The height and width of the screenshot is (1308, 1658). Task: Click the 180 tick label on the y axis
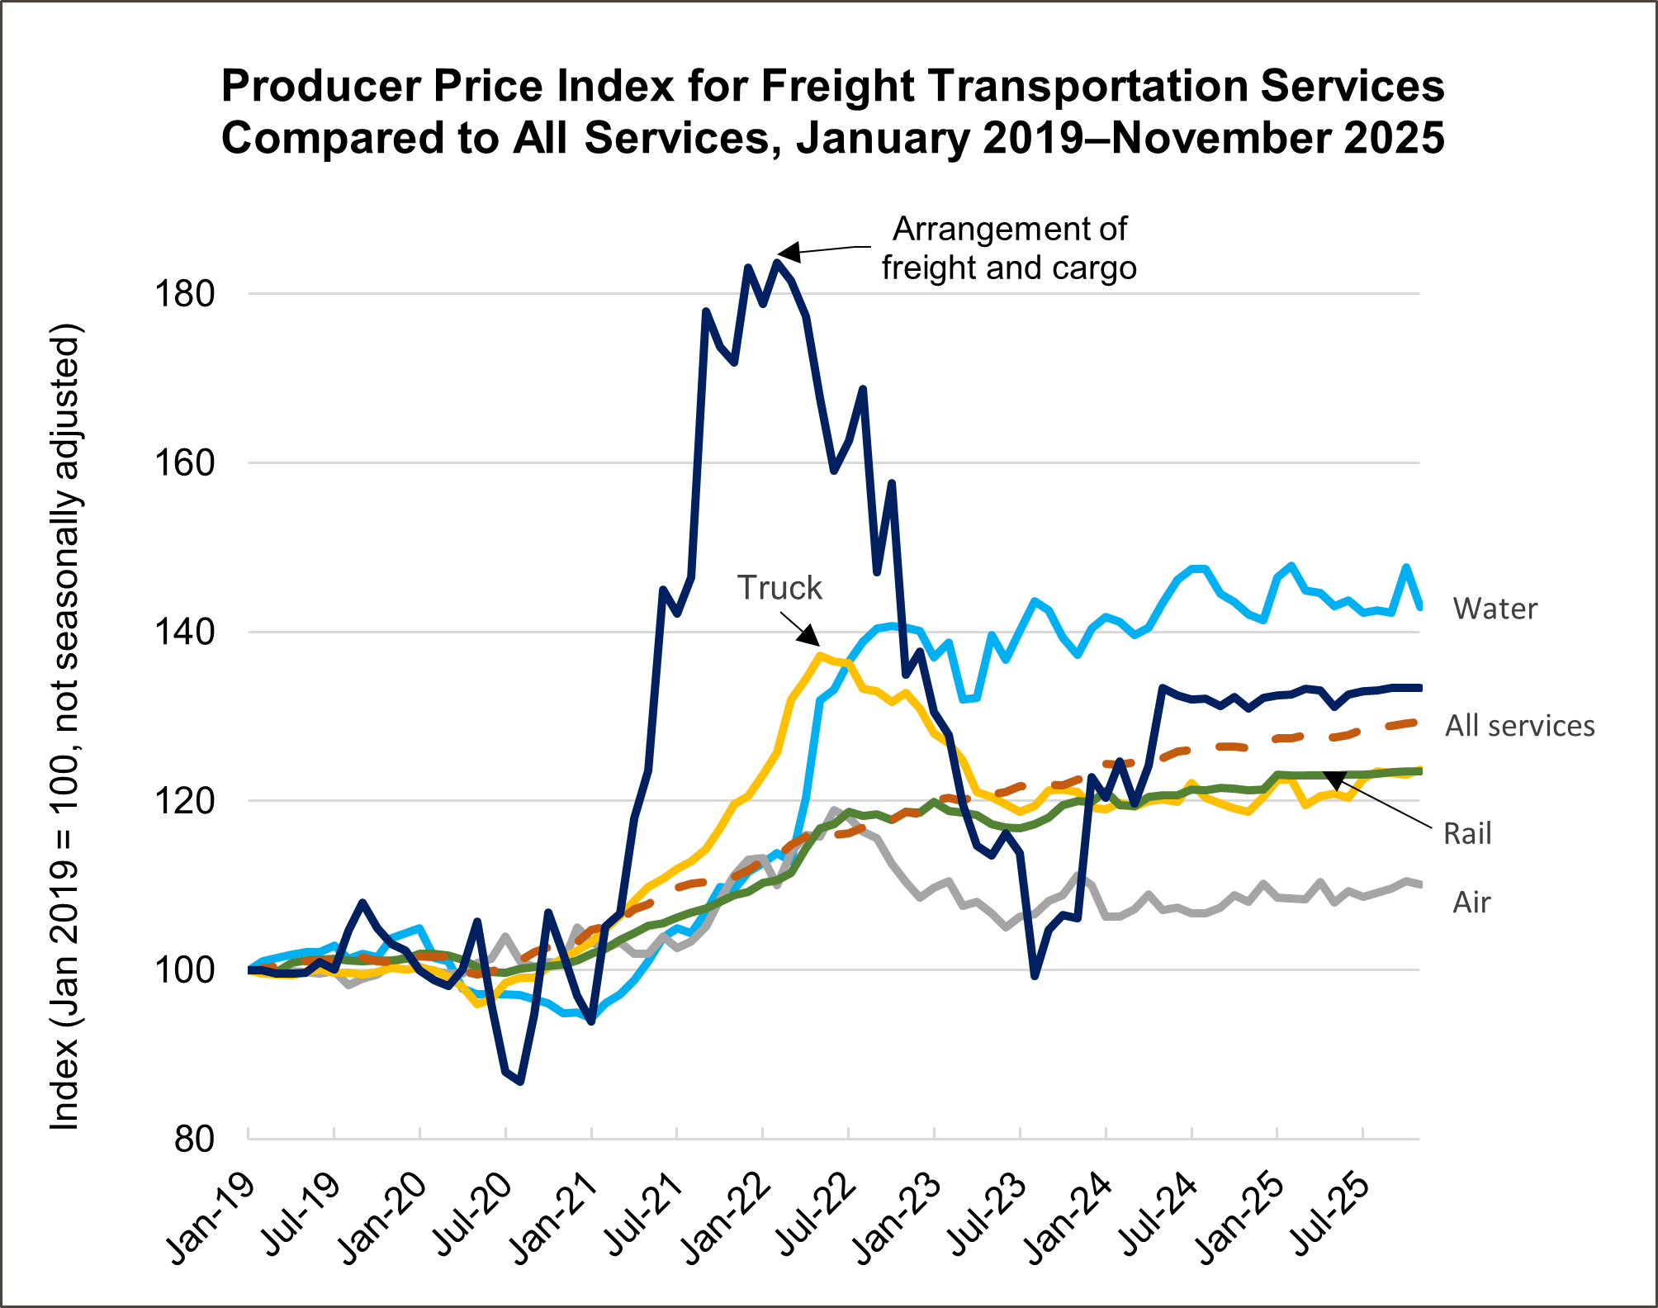point(184,294)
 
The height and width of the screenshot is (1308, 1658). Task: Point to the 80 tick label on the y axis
point(195,1140)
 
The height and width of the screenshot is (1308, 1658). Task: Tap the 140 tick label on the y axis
point(184,633)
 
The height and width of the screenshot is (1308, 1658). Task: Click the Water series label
point(1495,609)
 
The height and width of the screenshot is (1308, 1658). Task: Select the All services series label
point(1519,726)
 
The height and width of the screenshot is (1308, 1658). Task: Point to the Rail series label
point(1467,834)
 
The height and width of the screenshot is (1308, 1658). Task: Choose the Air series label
point(1471,903)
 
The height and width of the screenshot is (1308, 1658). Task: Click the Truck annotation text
point(779,588)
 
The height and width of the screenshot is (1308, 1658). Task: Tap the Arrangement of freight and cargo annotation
point(1009,249)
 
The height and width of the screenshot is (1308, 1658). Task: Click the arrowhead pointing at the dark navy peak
point(789,253)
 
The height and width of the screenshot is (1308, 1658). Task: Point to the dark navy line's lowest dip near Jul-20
point(519,1081)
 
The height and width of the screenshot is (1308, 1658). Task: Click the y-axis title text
point(65,727)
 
